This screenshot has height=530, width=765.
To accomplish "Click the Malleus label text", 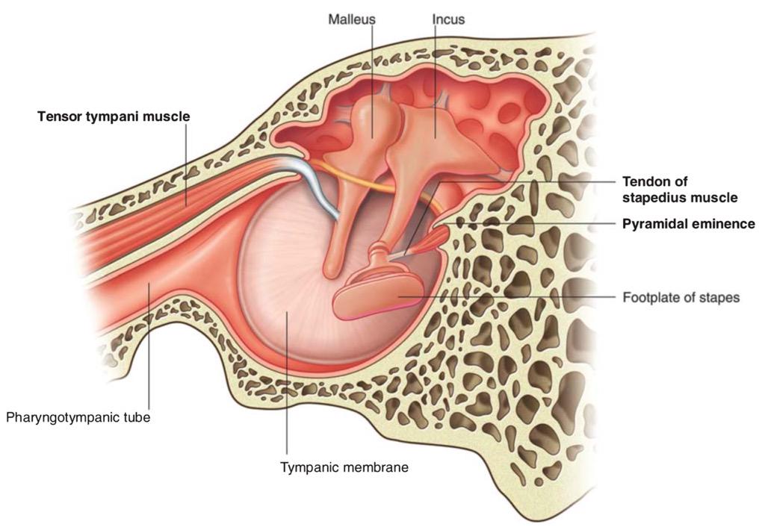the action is (x=352, y=19).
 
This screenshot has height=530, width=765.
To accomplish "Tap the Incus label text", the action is (x=448, y=19).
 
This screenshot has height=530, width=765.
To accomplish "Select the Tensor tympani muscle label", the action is (x=114, y=117).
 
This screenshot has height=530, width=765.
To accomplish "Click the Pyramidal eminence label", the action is (x=688, y=224).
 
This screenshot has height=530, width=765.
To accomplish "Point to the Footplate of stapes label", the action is (x=681, y=297).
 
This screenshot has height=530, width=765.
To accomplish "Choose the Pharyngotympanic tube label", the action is (x=78, y=418).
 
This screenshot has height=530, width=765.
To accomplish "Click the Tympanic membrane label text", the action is (x=344, y=467).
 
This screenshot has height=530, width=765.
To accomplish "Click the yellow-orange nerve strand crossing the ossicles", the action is (x=371, y=182).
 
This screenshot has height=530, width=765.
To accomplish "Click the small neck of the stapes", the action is (x=380, y=256).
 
